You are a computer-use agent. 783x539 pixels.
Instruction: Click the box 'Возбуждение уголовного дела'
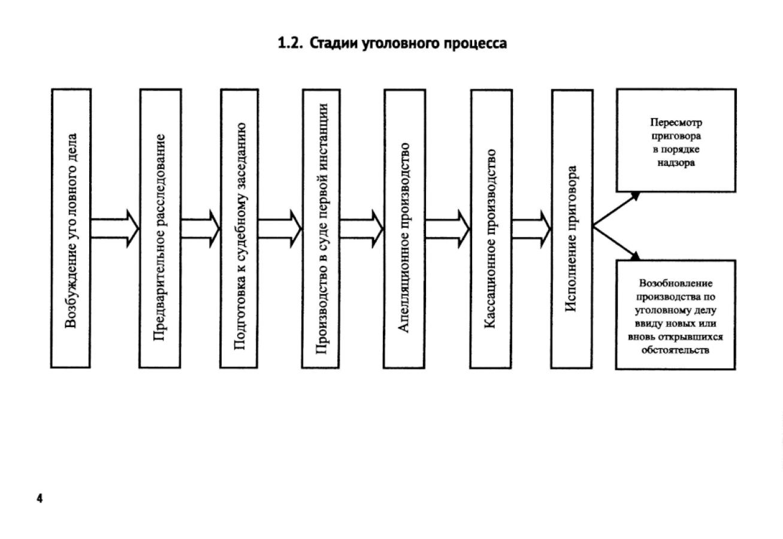pyautogui.click(x=71, y=228)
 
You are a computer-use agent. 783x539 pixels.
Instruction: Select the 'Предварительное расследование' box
pyautogui.click(x=160, y=228)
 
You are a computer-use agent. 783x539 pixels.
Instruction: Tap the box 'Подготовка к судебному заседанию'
pyautogui.click(x=240, y=228)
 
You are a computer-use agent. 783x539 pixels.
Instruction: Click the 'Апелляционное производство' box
pyautogui.click(x=404, y=228)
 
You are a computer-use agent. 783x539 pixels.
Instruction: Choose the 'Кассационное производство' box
pyautogui.click(x=491, y=228)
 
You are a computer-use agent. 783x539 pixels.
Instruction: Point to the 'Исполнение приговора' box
pyautogui.click(x=572, y=228)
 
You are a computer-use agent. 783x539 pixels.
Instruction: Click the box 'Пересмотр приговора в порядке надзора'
pyautogui.click(x=676, y=141)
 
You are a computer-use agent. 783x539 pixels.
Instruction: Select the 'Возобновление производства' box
pyautogui.click(x=676, y=315)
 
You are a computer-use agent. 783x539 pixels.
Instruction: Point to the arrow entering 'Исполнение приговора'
pyautogui.click(x=531, y=228)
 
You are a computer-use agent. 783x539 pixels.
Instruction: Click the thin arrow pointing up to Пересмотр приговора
pyautogui.click(x=617, y=210)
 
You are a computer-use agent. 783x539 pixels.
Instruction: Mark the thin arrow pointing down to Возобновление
pyautogui.click(x=617, y=243)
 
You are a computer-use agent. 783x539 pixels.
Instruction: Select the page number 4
pyautogui.click(x=40, y=498)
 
